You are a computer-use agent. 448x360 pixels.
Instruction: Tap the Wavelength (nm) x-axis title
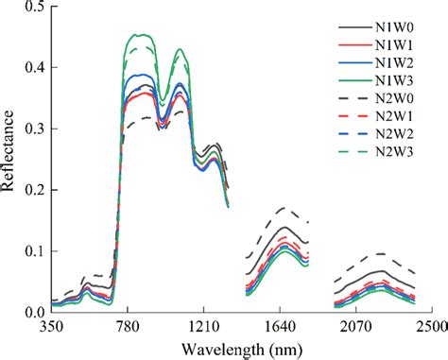[x=239, y=347]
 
